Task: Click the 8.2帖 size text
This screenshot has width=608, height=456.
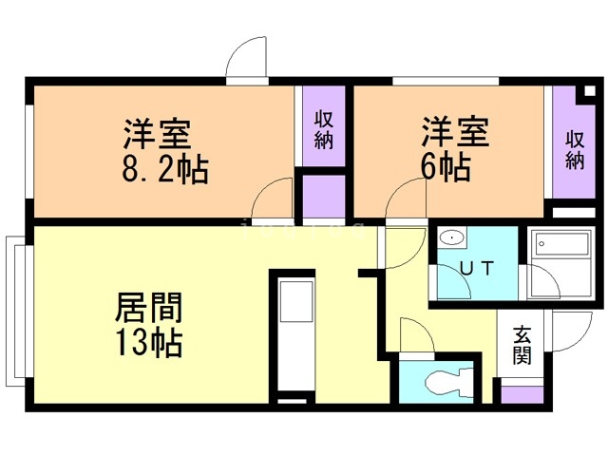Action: click(164, 171)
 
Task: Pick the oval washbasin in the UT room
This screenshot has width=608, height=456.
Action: click(451, 238)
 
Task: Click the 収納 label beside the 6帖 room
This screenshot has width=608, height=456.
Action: click(575, 147)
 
